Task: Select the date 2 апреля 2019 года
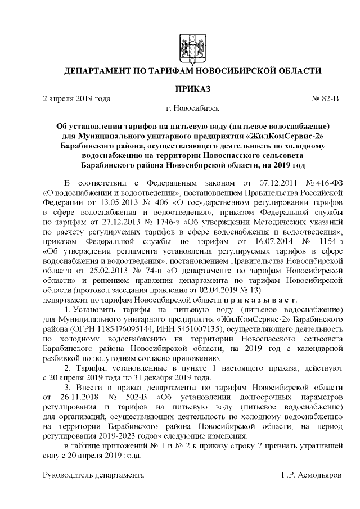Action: pyautogui.click(x=77, y=99)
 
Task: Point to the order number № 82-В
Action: pyautogui.click(x=326, y=99)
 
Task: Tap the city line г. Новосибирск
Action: pyautogui.click(x=193, y=109)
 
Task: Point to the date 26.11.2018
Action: pyautogui.click(x=87, y=399)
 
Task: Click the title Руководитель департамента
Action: pyautogui.click(x=94, y=475)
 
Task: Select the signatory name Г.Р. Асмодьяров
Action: pyautogui.click(x=311, y=475)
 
